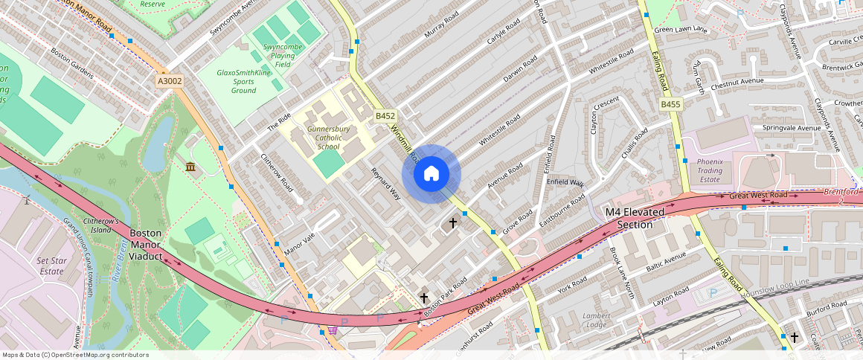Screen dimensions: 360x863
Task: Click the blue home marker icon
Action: pyautogui.click(x=431, y=174)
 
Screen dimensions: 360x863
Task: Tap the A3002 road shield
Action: pyautogui.click(x=170, y=81)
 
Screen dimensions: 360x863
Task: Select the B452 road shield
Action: pyautogui.click(x=385, y=116)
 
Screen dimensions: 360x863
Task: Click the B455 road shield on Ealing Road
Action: pyautogui.click(x=670, y=105)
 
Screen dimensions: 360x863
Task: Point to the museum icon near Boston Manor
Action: pyautogui.click(x=190, y=167)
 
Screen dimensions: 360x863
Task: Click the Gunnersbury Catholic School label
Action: pyautogui.click(x=328, y=138)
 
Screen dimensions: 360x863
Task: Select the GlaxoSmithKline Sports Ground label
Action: pyautogui.click(x=243, y=82)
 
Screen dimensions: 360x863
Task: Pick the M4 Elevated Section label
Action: pyautogui.click(x=635, y=219)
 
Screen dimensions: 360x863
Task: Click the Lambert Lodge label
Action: pyautogui.click(x=596, y=320)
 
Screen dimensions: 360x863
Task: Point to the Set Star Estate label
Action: pyautogui.click(x=51, y=266)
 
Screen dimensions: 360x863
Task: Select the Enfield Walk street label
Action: pyautogui.click(x=565, y=182)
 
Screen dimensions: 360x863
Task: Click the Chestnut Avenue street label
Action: pyautogui.click(x=737, y=82)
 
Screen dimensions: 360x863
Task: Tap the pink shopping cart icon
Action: pyautogui.click(x=333, y=330)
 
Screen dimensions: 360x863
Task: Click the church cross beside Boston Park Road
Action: pyautogui.click(x=424, y=298)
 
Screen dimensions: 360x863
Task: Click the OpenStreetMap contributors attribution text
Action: pyautogui.click(x=75, y=355)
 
